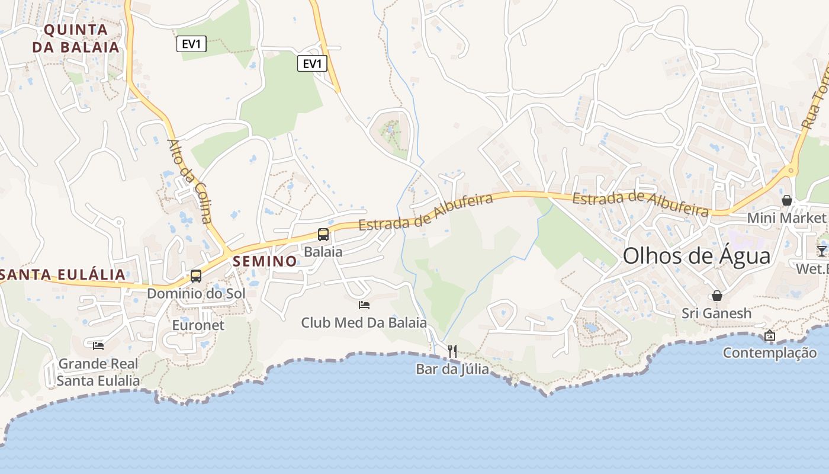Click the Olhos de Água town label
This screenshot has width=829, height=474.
tap(696, 256)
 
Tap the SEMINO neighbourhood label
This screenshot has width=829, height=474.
tap(265, 261)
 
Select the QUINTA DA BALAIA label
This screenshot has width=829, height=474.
tap(76, 38)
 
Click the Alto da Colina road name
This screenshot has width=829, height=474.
tap(189, 181)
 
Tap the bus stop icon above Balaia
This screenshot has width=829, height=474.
tap(323, 234)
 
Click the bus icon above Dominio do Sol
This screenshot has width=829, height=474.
tap(195, 276)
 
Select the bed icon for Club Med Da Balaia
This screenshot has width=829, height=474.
tap(364, 305)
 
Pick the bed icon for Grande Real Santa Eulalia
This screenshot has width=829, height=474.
tap(98, 345)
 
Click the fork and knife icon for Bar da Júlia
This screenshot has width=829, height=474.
tap(452, 351)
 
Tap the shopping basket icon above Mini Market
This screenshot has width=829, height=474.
tap(786, 200)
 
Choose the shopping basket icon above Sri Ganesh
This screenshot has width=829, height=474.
tap(716, 295)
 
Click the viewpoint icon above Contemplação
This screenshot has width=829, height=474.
tap(769, 335)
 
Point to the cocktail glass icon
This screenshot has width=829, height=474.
tap(822, 251)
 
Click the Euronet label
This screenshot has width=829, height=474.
tap(198, 325)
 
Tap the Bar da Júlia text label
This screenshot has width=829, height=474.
tap(452, 369)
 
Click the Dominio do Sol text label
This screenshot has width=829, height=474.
tap(196, 293)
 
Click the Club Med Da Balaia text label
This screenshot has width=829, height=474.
tap(364, 323)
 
